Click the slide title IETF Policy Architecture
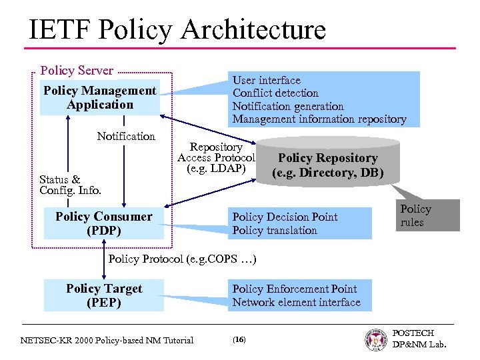click(x=177, y=30)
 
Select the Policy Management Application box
click(x=100, y=98)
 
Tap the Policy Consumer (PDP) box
click(x=103, y=224)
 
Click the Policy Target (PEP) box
click(x=103, y=295)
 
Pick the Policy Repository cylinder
click(x=327, y=165)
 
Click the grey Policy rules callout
click(x=425, y=215)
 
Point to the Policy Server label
click(x=77, y=71)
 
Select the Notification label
click(x=125, y=136)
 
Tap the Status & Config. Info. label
click(x=70, y=185)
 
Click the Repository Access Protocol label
click(x=216, y=158)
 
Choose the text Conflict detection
click(x=275, y=93)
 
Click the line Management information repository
click(x=319, y=119)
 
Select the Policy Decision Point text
click(x=285, y=217)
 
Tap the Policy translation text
click(x=275, y=231)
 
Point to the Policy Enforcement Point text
click(x=294, y=289)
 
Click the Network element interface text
click(x=296, y=303)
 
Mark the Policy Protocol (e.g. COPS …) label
click(x=182, y=259)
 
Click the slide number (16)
click(x=239, y=340)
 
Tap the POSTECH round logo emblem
click(x=377, y=339)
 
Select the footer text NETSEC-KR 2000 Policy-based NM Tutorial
click(x=107, y=341)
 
